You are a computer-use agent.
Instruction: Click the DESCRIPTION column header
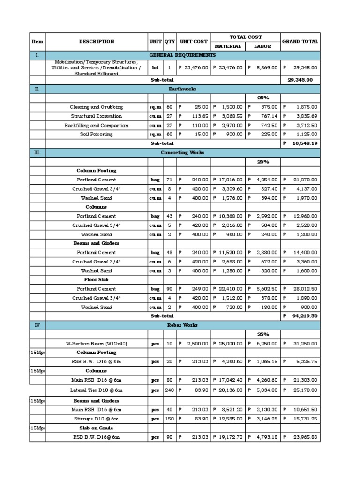point(97,42)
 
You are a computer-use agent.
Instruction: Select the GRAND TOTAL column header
point(300,42)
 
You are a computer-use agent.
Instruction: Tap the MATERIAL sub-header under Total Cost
point(228,46)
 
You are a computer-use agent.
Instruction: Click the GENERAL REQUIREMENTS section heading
point(182,55)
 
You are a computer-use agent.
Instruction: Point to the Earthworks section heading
point(182,89)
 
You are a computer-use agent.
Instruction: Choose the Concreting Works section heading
point(182,152)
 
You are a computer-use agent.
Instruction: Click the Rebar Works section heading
point(182,325)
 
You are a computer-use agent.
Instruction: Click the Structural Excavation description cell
point(97,116)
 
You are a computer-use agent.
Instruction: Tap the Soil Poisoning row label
point(97,135)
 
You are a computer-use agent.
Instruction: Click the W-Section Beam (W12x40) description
point(97,344)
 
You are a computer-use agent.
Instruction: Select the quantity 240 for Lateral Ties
point(169,390)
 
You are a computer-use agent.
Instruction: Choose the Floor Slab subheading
point(97,280)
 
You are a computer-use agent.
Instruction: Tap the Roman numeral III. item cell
point(37,152)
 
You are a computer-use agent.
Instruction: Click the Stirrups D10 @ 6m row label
point(97,419)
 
